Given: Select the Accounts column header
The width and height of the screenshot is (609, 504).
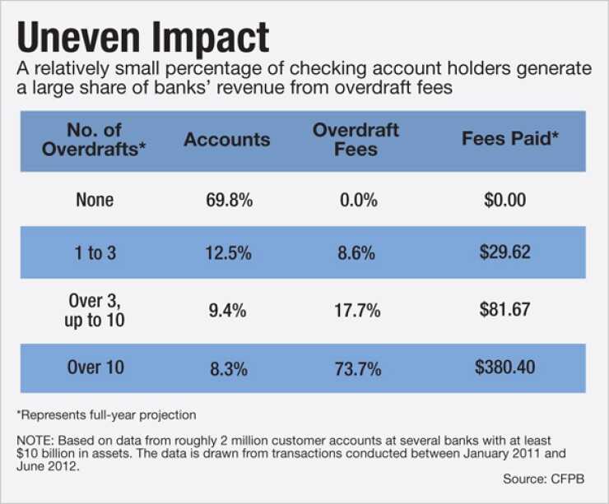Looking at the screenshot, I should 227,140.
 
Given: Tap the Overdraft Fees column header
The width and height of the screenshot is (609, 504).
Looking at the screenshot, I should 356,140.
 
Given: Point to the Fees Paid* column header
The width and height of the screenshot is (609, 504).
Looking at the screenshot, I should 504,140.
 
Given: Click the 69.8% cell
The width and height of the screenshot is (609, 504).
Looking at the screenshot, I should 227,200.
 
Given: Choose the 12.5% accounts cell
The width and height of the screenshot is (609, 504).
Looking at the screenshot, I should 227,254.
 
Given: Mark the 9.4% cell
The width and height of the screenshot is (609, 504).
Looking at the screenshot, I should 227,311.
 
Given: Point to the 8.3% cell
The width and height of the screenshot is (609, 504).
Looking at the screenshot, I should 227,368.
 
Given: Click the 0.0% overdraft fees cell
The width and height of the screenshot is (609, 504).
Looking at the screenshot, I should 356,200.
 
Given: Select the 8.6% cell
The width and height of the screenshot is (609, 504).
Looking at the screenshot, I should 356,254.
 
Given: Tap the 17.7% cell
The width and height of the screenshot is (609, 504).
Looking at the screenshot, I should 356,311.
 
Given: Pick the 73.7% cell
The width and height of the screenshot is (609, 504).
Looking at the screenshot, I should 356,368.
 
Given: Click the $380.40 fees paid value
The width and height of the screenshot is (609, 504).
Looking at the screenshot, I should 504,367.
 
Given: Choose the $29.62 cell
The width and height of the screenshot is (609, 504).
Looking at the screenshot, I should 504,253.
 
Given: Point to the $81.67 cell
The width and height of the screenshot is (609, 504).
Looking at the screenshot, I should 504,310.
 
